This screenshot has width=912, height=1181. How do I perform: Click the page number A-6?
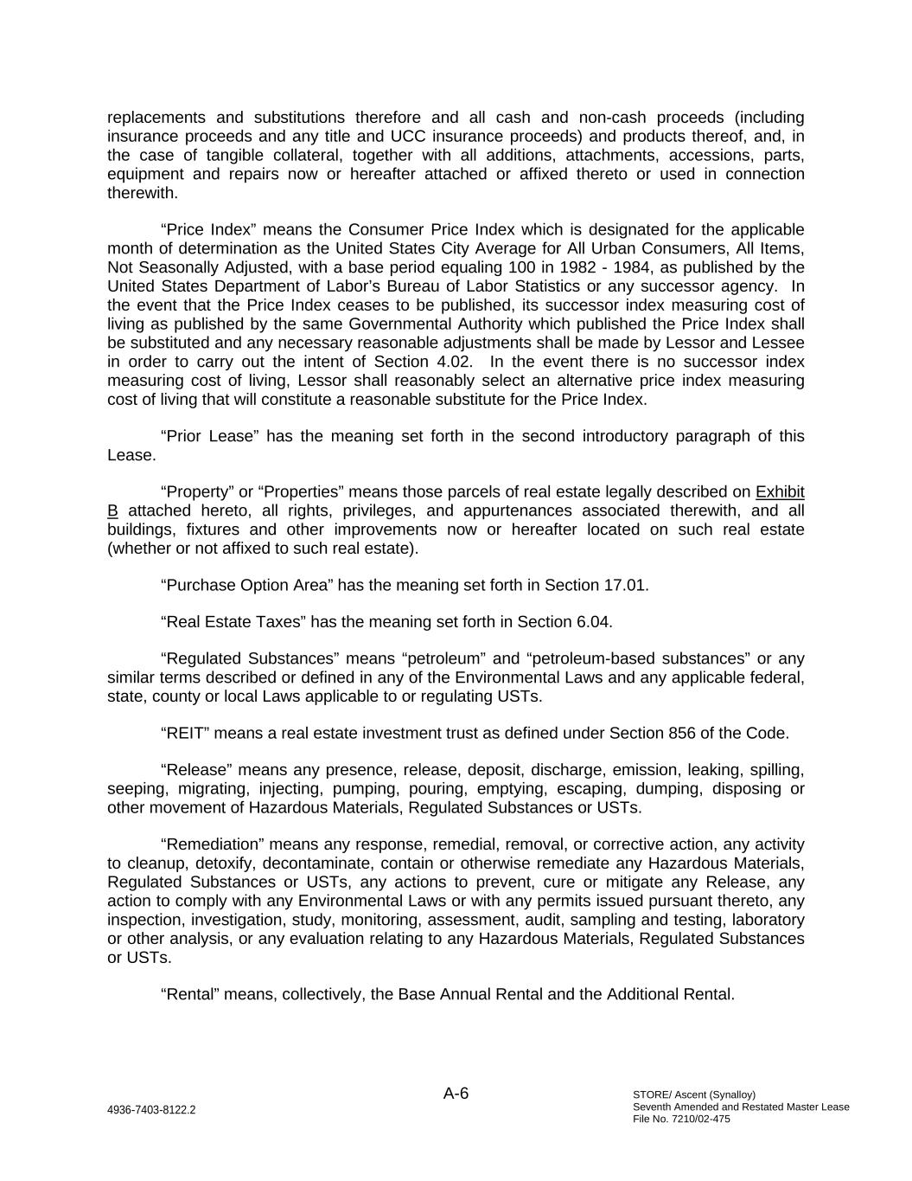pos(456,1094)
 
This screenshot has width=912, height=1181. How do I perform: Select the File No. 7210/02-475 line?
pos(681,1119)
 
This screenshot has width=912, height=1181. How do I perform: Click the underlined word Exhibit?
pos(780,492)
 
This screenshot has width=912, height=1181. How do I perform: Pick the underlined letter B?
pos(112,511)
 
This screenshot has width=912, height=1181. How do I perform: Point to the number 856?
pos(682,734)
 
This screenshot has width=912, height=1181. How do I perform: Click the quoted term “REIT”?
pos(184,734)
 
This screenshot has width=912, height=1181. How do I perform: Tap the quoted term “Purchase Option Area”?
pos(246,586)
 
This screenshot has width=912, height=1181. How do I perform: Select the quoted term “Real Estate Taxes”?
pos(233,622)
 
